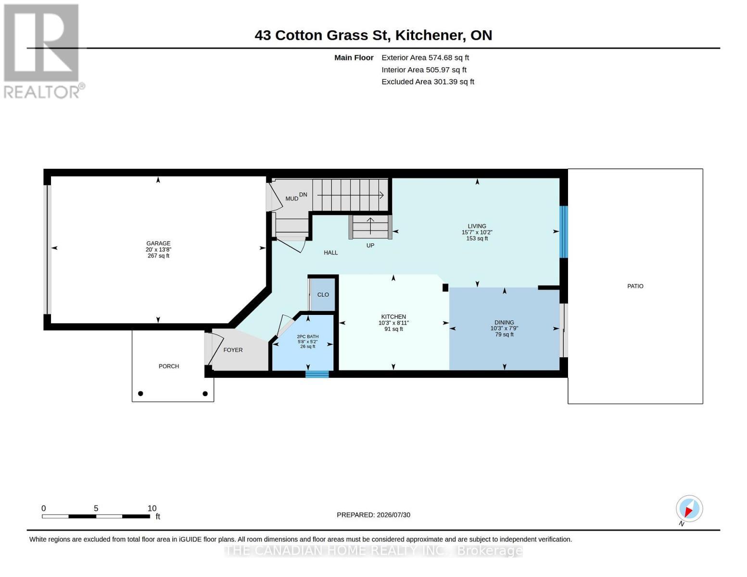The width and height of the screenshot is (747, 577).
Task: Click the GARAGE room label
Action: (x=158, y=243)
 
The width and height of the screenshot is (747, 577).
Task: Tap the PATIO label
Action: (x=635, y=286)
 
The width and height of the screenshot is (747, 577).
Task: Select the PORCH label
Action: (x=169, y=366)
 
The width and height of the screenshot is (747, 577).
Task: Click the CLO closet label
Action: (x=323, y=295)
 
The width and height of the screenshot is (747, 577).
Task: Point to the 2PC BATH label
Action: (x=308, y=337)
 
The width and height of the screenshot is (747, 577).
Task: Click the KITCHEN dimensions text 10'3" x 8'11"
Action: (x=393, y=323)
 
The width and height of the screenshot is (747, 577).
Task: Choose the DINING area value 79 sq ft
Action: (x=504, y=334)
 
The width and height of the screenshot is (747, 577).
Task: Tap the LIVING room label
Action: (x=477, y=226)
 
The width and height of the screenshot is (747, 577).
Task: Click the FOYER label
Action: (x=233, y=350)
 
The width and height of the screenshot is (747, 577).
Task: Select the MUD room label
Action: (x=292, y=199)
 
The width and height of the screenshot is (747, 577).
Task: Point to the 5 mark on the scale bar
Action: (x=96, y=508)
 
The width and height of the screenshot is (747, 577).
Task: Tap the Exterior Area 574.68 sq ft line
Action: (x=425, y=58)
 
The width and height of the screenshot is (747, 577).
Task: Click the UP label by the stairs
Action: (x=370, y=245)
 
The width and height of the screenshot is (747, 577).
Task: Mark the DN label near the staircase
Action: (x=303, y=195)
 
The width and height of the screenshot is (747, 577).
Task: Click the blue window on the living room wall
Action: (x=563, y=232)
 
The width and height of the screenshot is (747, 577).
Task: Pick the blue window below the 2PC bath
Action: (x=317, y=374)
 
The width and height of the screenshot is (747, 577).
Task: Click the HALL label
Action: (x=331, y=252)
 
